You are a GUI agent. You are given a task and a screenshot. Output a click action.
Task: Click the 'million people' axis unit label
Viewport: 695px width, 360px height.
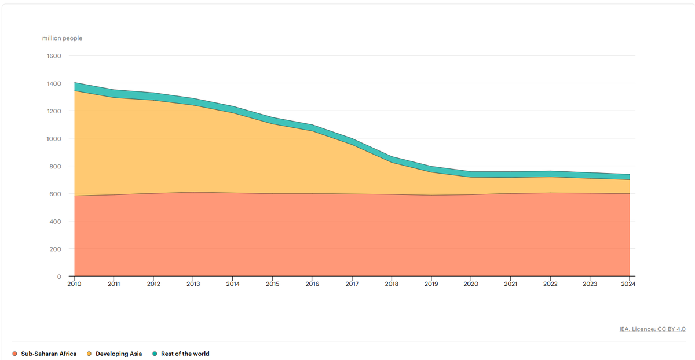coord(62,38)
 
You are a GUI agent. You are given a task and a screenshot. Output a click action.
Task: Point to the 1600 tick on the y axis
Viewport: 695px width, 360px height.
coord(54,56)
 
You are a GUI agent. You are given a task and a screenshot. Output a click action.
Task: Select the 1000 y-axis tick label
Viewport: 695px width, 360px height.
coord(54,139)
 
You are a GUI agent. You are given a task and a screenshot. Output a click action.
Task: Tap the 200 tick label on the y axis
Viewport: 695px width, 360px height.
coord(56,249)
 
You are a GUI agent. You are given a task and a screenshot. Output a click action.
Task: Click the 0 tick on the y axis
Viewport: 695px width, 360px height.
coord(59,277)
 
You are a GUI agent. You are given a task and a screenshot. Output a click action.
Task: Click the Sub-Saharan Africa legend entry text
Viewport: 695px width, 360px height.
coord(49,354)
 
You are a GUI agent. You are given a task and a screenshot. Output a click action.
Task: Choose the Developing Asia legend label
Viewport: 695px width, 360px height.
coord(119,354)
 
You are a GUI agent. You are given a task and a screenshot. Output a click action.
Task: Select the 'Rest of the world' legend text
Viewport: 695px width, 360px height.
coord(185,354)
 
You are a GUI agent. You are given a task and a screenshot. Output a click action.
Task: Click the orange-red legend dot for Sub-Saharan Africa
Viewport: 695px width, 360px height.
coord(14,354)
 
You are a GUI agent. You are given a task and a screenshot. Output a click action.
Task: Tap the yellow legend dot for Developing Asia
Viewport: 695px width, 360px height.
coord(89,354)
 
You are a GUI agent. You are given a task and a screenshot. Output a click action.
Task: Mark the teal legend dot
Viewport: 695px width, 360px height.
coord(154,354)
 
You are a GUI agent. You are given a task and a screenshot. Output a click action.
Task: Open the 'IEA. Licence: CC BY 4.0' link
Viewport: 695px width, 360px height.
coord(652,329)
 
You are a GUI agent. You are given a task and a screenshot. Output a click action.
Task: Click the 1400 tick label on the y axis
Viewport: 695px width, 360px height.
coord(54,84)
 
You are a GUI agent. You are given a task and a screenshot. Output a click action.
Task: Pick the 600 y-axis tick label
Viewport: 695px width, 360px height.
coord(55,194)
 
